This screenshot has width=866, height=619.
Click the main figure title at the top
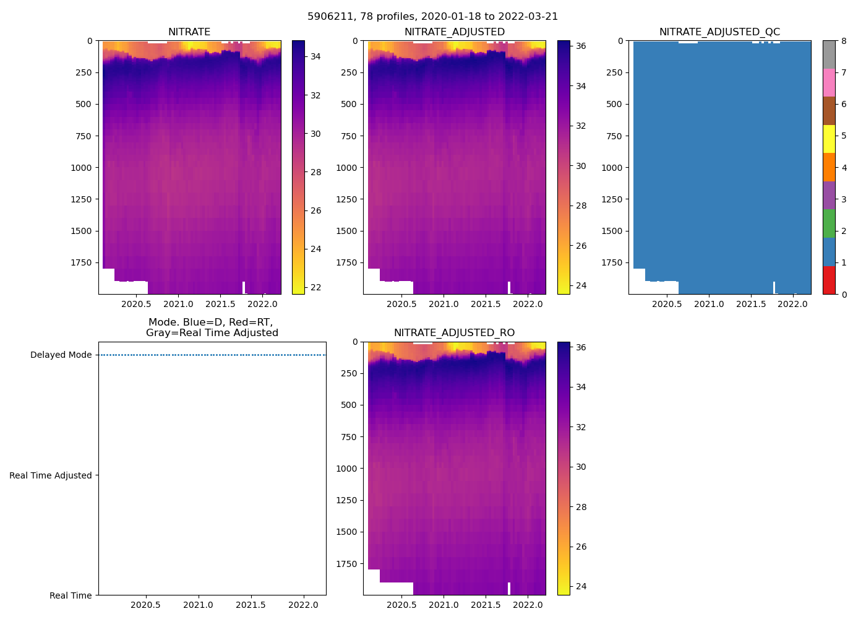click(x=432, y=17)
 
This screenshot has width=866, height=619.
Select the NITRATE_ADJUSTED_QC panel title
click(x=719, y=32)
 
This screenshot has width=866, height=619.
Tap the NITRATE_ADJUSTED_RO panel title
click(x=454, y=333)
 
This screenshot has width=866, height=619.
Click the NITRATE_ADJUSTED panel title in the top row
click(x=454, y=32)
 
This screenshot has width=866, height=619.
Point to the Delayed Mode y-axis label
click(x=61, y=355)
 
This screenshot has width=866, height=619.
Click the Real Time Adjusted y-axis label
click(x=50, y=475)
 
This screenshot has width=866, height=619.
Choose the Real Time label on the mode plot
click(x=71, y=595)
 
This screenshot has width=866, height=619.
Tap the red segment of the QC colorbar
click(x=829, y=280)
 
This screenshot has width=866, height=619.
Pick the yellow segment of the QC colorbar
click(x=829, y=139)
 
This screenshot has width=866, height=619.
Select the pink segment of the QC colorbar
click(x=829, y=82)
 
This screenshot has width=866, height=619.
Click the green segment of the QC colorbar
click(x=829, y=223)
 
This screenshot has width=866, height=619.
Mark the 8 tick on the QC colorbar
click(x=843, y=41)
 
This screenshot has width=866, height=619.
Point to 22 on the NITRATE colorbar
click(x=315, y=288)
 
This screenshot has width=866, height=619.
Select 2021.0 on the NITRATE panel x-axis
click(x=178, y=304)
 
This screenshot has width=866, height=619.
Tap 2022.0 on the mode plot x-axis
click(x=303, y=605)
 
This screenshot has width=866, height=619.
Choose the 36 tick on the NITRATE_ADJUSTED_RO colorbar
click(x=581, y=347)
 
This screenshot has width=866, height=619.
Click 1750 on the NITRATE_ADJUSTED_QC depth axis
click(x=612, y=262)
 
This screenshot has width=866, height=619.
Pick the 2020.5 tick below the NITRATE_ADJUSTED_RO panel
click(x=401, y=605)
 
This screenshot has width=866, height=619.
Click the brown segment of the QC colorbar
click(x=829, y=111)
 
